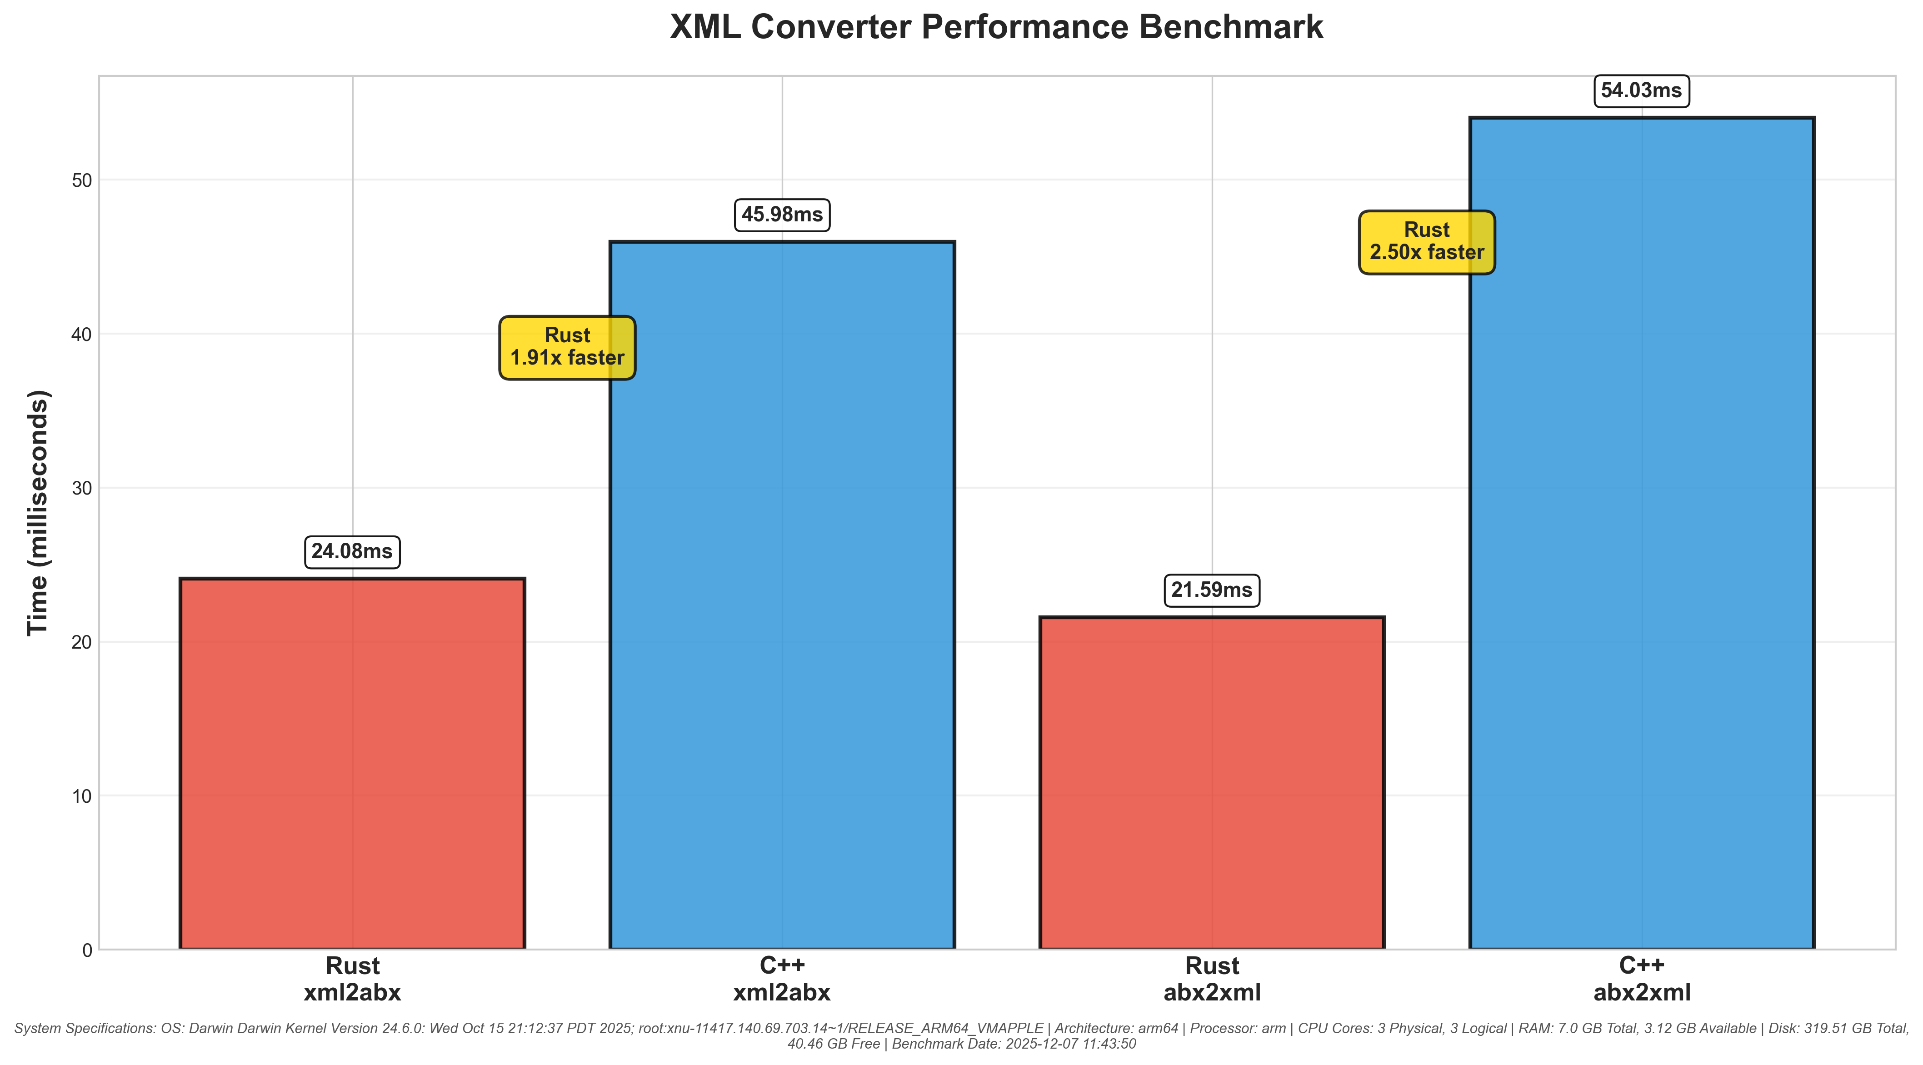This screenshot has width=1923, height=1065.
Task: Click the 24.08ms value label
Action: coord(352,551)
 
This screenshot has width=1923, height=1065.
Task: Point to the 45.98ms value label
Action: coord(782,215)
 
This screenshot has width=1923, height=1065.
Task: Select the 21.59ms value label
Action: coord(1212,590)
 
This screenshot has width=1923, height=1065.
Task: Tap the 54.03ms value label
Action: coord(1642,91)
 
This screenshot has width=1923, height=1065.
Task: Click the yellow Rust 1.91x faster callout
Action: coord(567,347)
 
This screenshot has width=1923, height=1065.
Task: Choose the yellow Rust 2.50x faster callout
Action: coord(1427,242)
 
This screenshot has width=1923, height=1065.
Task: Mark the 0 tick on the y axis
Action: coord(87,950)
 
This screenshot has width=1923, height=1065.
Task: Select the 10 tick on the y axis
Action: coord(82,796)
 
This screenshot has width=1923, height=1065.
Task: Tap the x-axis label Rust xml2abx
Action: coord(352,979)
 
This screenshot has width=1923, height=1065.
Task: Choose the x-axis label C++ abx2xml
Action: coord(1642,979)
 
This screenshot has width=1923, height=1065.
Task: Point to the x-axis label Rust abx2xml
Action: coord(1212,979)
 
